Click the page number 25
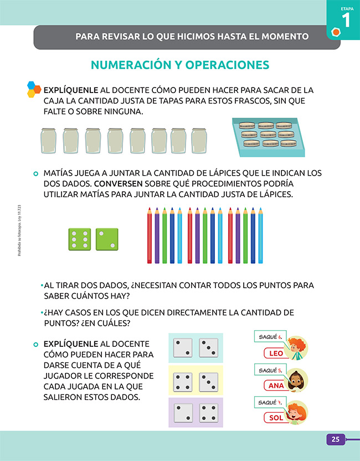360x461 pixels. tap(335, 440)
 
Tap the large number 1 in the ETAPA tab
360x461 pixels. tap(346, 21)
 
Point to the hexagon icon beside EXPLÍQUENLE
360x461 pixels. tap(34, 89)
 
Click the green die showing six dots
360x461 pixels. tap(79, 239)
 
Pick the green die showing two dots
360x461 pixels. tap(107, 239)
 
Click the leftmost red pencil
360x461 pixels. tap(150, 235)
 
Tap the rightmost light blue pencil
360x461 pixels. tap(260, 235)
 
